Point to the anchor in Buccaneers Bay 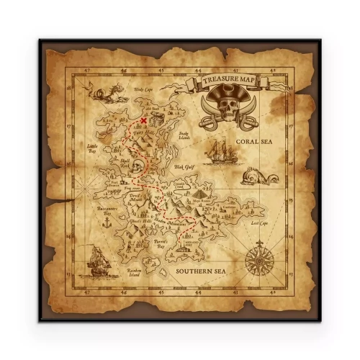tap(105, 224)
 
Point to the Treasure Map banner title tap(228, 80)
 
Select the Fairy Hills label tap(145, 134)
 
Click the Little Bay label tap(91, 148)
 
